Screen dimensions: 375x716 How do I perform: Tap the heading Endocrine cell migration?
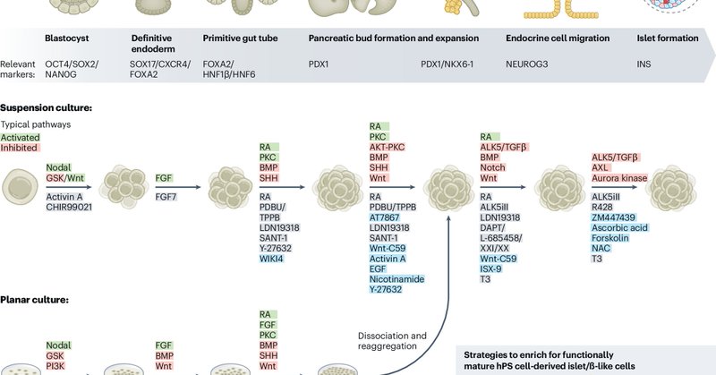pyautogui.click(x=533, y=38)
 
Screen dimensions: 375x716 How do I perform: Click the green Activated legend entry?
pyautogui.click(x=20, y=137)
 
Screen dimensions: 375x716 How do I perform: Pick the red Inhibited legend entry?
pyautogui.click(x=19, y=148)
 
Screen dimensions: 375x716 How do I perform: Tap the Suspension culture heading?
pyautogui.click(x=46, y=107)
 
